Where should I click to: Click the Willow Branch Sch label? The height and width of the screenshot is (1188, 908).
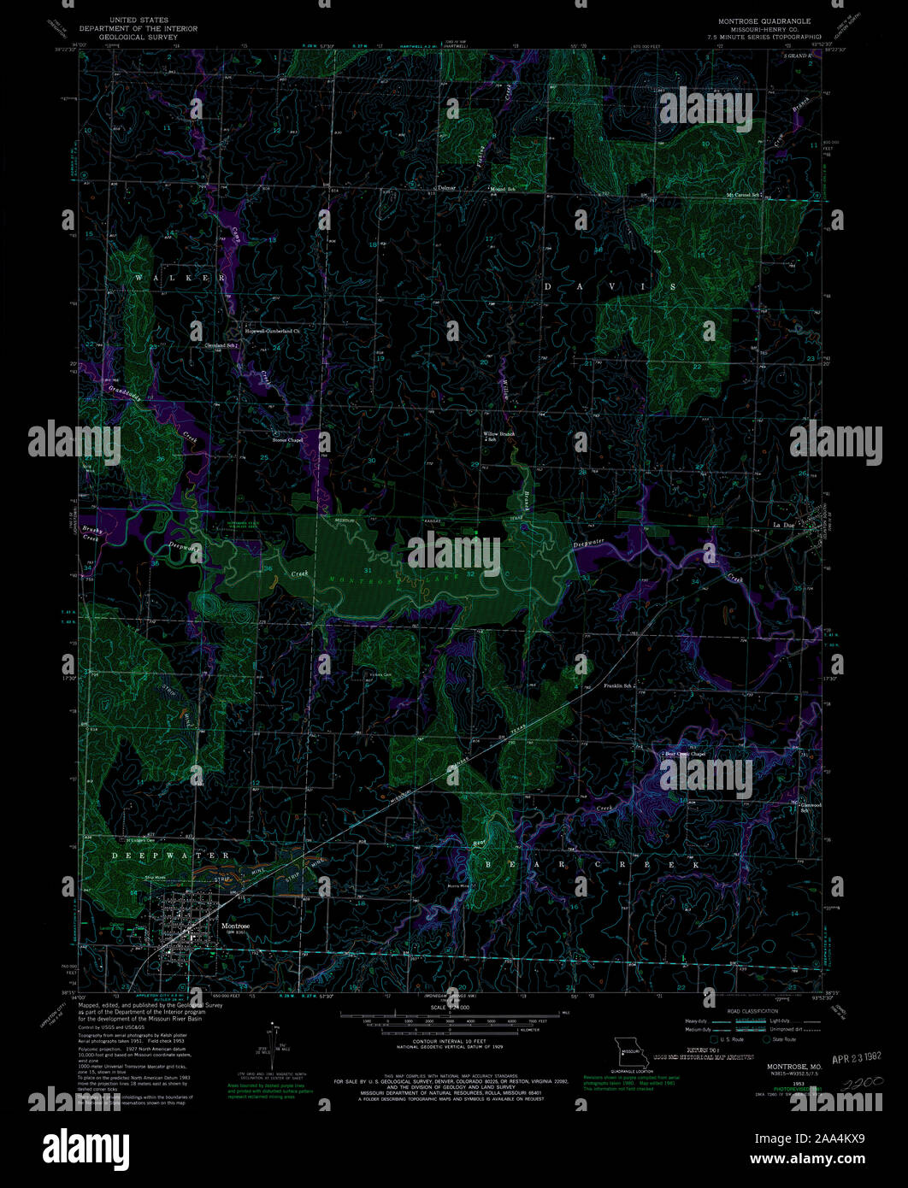pos(500,435)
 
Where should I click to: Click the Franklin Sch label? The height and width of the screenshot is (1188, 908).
pos(618,686)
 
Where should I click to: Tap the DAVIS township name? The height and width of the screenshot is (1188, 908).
pos(610,286)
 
